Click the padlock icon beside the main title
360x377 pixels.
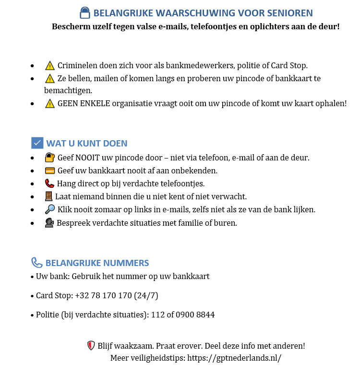pos(84,13)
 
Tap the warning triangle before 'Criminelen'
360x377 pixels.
pos(49,65)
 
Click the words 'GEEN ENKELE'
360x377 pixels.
pos(84,103)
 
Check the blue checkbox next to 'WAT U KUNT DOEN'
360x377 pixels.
pos(37,143)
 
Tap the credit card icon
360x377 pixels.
pos(49,170)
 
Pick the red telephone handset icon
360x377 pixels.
pos(49,183)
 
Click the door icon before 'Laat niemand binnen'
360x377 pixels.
pos(48,196)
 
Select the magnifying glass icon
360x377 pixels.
pos(49,209)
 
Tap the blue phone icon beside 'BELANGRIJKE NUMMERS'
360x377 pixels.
pos(37,263)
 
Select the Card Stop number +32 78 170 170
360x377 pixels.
pos(103,295)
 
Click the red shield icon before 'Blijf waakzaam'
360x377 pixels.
pos(91,345)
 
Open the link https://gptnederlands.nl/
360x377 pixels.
pos(234,358)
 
